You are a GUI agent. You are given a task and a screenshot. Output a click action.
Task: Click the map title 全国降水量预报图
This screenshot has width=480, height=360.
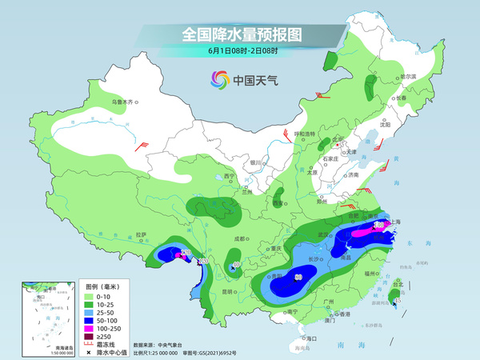242,34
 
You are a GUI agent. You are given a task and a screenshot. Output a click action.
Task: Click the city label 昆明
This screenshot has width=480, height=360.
229,290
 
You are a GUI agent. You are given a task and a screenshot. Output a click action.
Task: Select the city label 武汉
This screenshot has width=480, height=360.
324,234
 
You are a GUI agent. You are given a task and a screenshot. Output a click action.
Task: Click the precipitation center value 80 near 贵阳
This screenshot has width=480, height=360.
298,278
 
